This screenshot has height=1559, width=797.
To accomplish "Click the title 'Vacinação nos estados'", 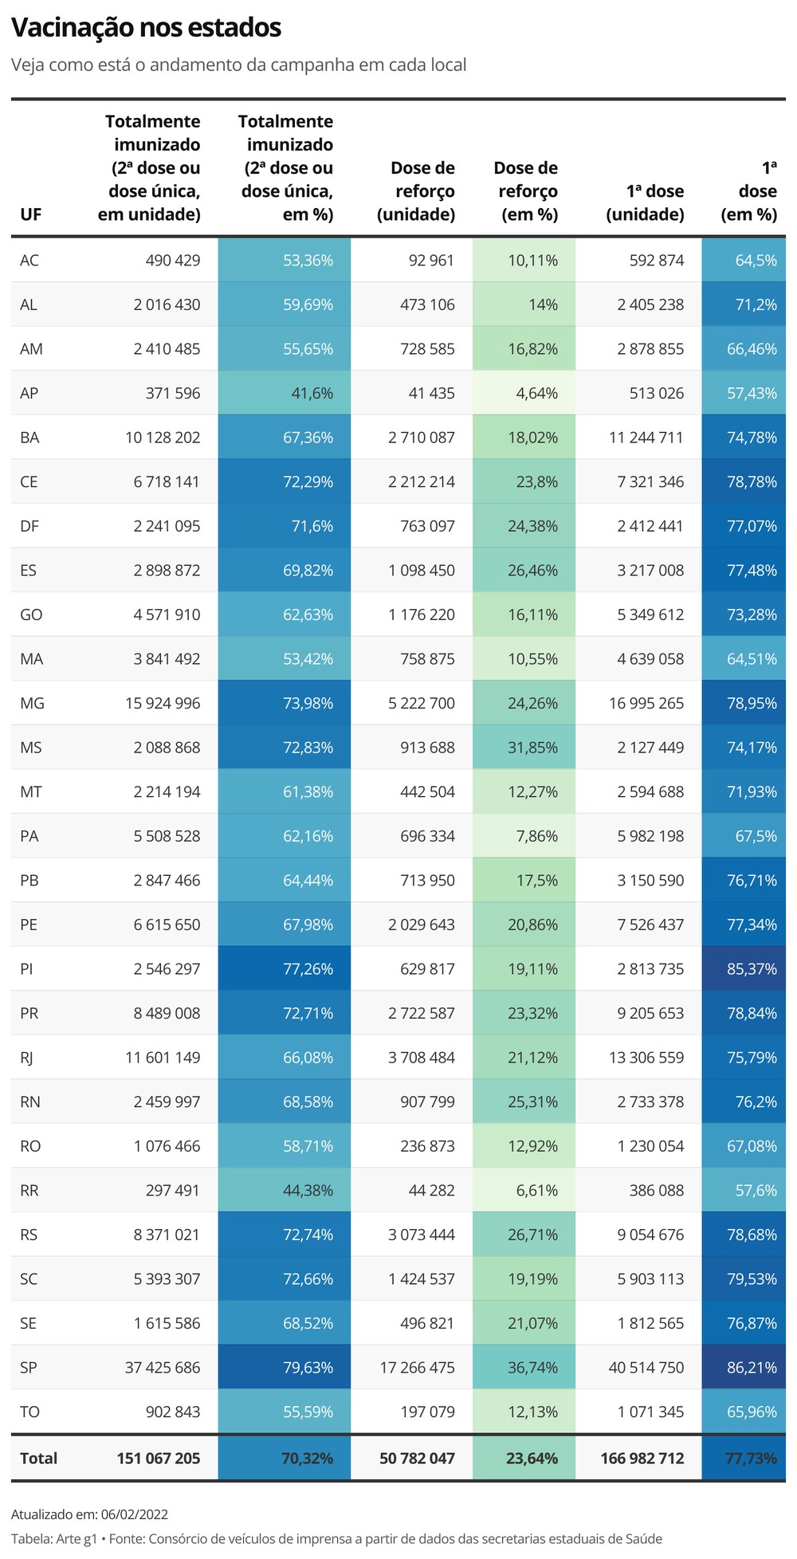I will tap(146, 28).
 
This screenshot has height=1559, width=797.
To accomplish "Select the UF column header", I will tap(30, 214).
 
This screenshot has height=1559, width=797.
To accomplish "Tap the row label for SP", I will tap(29, 1368).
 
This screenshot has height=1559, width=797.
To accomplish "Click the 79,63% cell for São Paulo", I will tap(308, 1368).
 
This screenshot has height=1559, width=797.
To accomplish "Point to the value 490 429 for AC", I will tap(173, 261).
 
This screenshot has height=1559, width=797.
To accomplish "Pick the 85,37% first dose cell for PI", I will tap(752, 969).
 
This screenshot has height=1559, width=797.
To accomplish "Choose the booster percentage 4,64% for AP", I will tap(537, 393).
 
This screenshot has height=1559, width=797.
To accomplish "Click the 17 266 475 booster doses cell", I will tap(417, 1368).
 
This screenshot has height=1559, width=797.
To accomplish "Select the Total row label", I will tap(38, 1459).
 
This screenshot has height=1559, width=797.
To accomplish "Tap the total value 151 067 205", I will tap(159, 1459).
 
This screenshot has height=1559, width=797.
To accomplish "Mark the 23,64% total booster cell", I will tap(532, 1459).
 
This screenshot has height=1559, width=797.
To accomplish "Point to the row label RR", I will tap(29, 1191).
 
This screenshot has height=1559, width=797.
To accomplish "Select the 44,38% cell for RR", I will tap(308, 1191).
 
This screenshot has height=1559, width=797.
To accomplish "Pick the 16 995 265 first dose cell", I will tap(646, 704).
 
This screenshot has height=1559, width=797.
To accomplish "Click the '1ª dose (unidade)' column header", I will tap(645, 202).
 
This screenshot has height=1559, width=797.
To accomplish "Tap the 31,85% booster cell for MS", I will tap(532, 748).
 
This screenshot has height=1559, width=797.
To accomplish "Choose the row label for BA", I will tap(29, 438).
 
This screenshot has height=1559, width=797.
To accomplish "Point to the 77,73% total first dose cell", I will tap(751, 1459).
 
